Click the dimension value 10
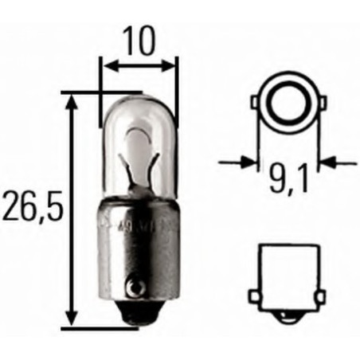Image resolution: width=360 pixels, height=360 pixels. (x=139, y=41)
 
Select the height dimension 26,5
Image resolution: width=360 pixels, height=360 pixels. (x=31, y=209)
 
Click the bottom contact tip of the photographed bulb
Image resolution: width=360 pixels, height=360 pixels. (x=137, y=317)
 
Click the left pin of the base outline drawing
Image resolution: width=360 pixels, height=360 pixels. (x=253, y=296)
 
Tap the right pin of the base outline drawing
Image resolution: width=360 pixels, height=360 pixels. (x=319, y=296)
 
